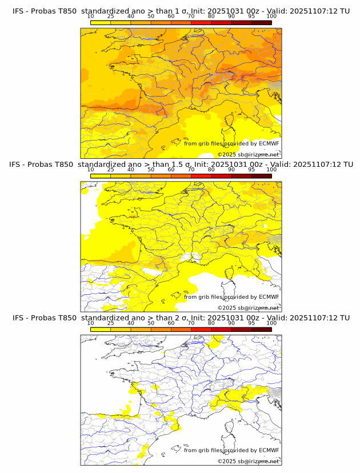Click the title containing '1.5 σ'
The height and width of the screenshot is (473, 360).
click(x=181, y=164)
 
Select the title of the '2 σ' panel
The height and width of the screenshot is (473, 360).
click(x=181, y=318)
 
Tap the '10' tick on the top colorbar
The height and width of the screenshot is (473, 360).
click(x=91, y=16)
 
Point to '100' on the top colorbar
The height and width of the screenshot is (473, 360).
click(x=271, y=16)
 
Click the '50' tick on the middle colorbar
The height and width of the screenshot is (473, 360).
click(x=151, y=170)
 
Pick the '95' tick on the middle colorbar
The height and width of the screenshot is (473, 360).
click(x=251, y=170)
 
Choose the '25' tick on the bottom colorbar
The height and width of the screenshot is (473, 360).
click(x=111, y=323)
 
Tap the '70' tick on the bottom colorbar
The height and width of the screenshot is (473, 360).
click(x=191, y=323)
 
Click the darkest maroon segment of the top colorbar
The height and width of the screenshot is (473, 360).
click(x=261, y=22)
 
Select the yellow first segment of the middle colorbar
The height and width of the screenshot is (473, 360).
click(x=101, y=176)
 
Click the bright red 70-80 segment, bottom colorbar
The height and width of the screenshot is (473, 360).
click(x=201, y=329)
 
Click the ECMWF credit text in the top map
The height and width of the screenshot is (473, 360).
click(x=231, y=143)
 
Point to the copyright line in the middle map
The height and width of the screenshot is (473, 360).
click(x=248, y=307)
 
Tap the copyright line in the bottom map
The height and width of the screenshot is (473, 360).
click(x=248, y=461)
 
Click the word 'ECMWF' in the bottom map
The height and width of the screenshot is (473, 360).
click(x=269, y=450)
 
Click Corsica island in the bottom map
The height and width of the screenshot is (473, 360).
click(x=230, y=426)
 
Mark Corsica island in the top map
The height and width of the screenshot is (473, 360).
click(x=230, y=119)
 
